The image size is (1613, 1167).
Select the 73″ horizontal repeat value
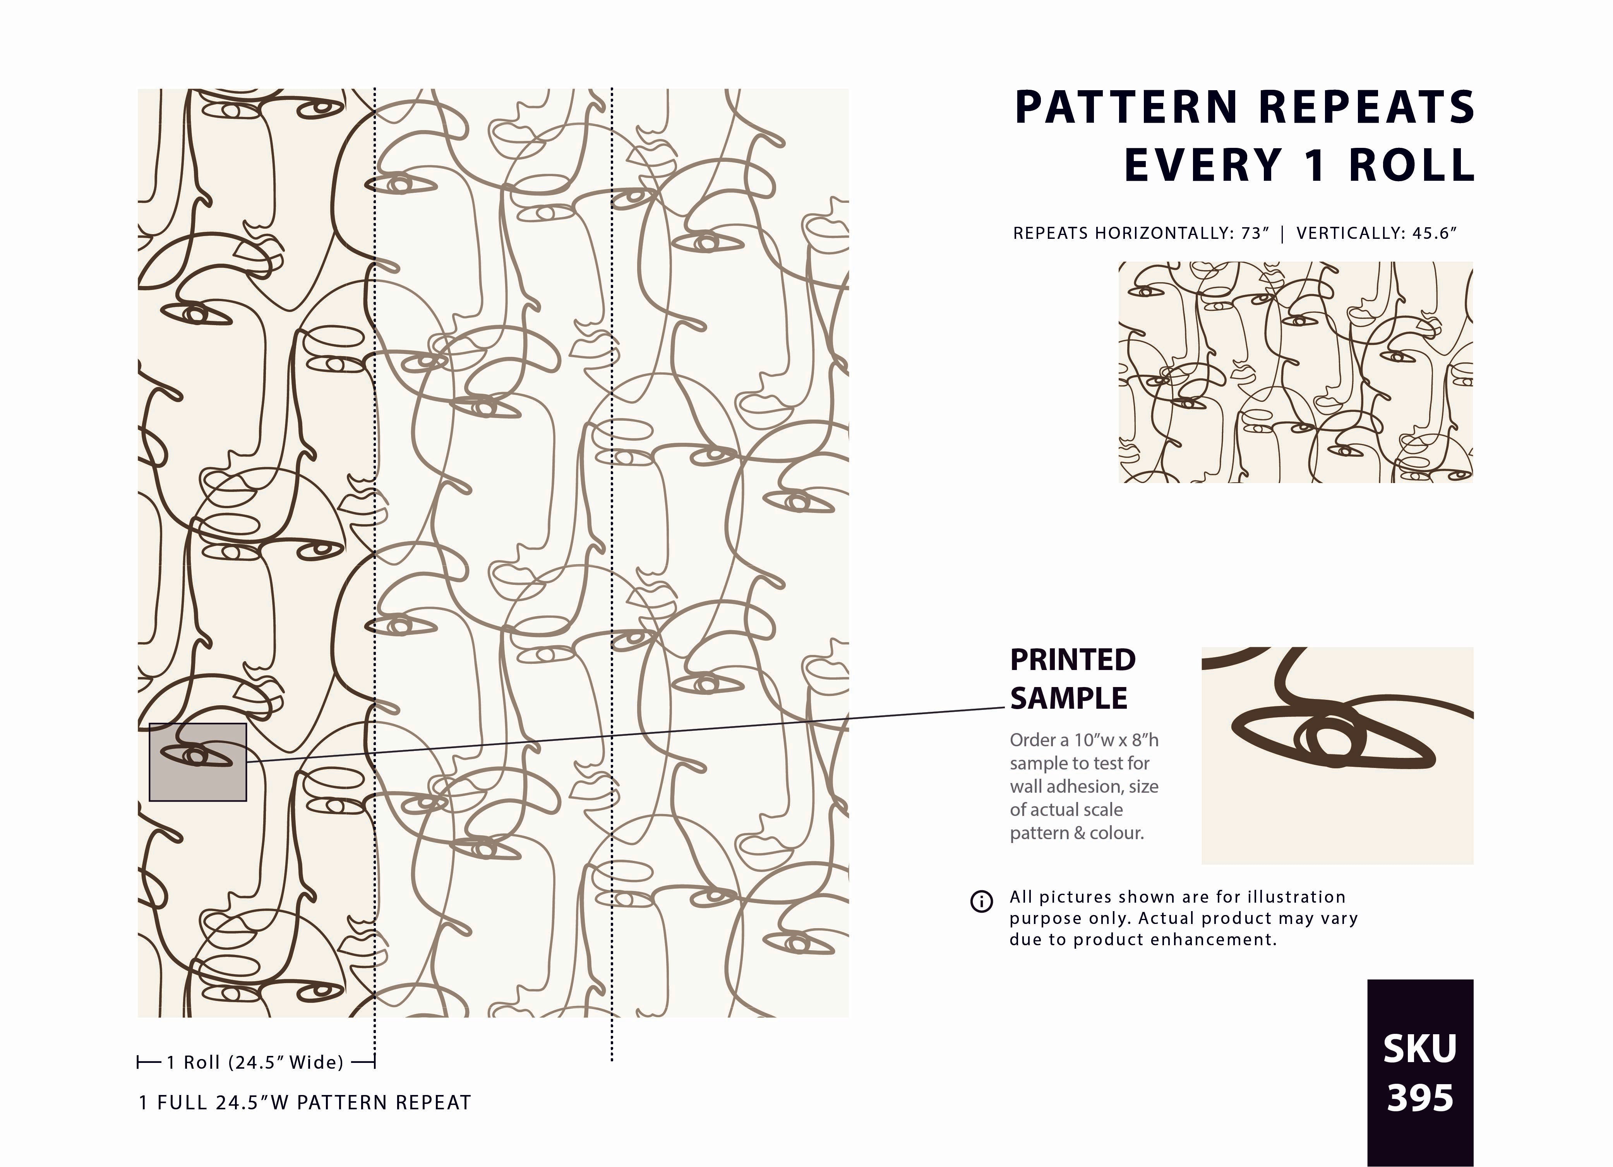point(1255,233)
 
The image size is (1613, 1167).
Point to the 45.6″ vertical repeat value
point(1435,233)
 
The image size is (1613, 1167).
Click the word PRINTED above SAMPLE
point(1073,660)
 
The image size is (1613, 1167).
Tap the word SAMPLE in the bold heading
point(1068,698)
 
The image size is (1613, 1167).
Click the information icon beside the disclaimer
point(981,902)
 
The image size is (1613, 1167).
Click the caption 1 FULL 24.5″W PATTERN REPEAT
point(304,1103)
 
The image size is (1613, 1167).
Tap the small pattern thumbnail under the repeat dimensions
point(1295,372)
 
